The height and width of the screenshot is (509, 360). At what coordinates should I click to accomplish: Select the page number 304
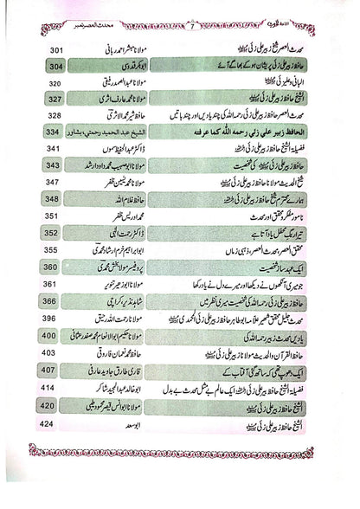(53, 67)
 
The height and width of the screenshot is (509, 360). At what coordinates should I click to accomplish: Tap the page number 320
(53, 83)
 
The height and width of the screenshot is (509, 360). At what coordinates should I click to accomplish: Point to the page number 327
(53, 99)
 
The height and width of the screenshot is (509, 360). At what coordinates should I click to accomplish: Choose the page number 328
(53, 115)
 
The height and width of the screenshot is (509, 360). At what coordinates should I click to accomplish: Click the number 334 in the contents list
(53, 132)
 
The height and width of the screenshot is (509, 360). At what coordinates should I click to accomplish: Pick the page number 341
(53, 148)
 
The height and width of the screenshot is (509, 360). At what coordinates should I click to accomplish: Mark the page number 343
(53, 164)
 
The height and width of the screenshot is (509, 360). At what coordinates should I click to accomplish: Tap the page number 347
(53, 181)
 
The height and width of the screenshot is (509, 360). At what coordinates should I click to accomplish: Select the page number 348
(53, 198)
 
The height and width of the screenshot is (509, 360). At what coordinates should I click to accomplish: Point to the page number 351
(53, 216)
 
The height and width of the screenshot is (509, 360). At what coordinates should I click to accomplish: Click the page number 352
(53, 233)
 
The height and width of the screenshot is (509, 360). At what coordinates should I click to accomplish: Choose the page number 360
(53, 267)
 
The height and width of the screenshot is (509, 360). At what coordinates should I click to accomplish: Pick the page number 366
(53, 300)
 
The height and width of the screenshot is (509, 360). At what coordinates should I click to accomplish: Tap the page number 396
(53, 318)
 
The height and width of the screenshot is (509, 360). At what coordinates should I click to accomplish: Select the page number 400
(53, 334)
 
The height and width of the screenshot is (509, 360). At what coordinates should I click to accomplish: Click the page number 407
(53, 368)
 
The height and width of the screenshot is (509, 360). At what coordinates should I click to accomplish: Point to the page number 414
(53, 385)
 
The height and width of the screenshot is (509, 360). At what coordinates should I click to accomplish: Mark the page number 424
(53, 419)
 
